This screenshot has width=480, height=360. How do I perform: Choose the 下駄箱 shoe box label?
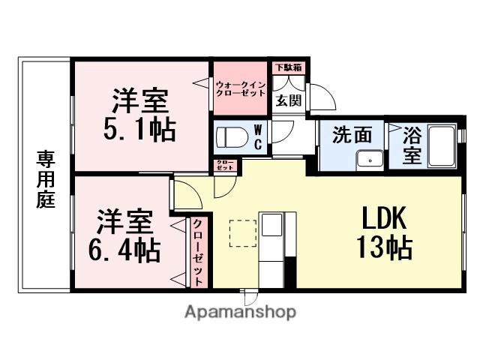click(287, 68)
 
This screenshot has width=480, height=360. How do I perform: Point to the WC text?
click(256, 139)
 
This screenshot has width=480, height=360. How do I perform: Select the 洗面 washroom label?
click(352, 135)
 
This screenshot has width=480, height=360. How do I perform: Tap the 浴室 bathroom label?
click(412, 145)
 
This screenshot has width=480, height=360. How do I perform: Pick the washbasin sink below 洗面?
click(370, 160)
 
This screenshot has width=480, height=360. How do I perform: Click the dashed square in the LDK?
click(242, 232)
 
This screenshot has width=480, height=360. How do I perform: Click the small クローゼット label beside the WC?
click(224, 166)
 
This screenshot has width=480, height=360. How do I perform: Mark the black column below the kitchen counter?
click(290, 270)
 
